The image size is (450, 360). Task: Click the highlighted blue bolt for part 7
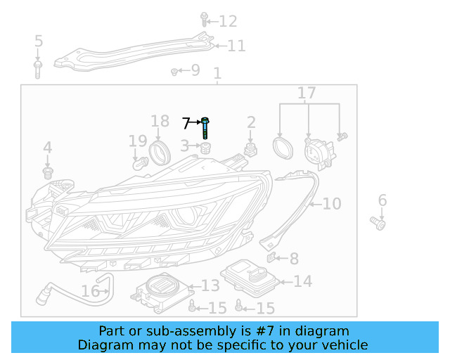click(205, 129)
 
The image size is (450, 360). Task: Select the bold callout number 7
click(186, 124)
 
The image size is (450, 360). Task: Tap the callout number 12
click(228, 21)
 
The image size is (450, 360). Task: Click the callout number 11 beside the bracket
click(236, 46)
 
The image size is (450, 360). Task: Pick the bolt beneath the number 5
click(38, 68)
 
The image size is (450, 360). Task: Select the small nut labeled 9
click(174, 71)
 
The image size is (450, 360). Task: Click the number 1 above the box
click(217, 73)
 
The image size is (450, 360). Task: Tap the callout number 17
click(307, 93)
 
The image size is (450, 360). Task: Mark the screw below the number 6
click(379, 224)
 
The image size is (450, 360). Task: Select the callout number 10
click(331, 204)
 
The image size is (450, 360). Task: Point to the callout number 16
click(90, 290)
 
